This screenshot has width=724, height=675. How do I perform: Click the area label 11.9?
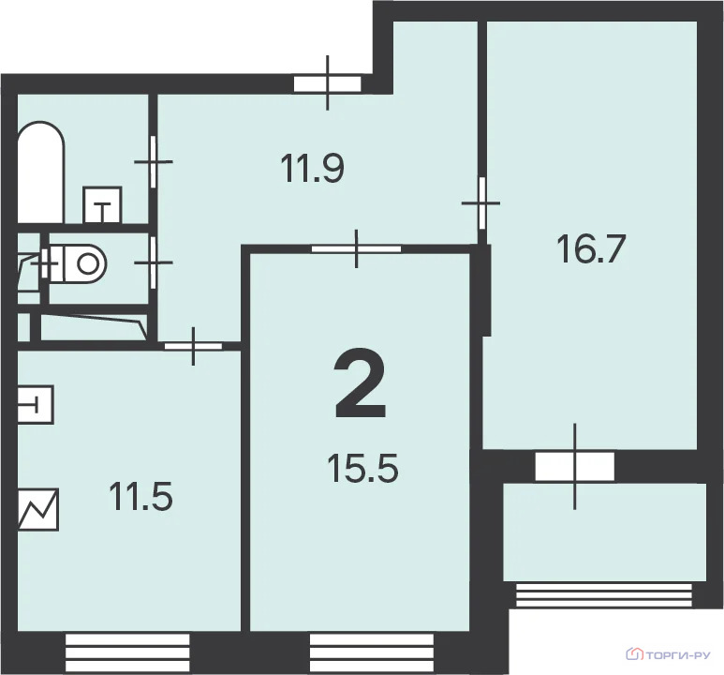point(313,169)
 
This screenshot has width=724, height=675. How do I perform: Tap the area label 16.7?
point(592,248)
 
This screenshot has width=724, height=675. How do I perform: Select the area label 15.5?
point(362,468)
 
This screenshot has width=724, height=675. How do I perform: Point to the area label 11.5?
point(140,496)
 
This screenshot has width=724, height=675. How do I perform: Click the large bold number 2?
point(361,384)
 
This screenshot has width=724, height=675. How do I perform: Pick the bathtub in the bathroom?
point(40,172)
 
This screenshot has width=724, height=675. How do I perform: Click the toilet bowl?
point(78,264)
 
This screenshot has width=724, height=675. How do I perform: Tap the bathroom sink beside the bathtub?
point(102,204)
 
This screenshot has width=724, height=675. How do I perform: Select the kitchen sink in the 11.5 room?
point(36,405)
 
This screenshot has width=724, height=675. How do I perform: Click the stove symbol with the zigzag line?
point(37,509)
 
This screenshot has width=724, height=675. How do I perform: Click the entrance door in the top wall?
point(328,83)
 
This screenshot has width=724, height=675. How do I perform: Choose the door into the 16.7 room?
point(482,202)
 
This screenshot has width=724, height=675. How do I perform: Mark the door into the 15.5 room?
point(356,248)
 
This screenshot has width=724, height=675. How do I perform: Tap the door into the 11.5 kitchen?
point(194,346)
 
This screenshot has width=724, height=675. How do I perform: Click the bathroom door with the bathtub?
point(153,161)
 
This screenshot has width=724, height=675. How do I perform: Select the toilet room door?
point(153,262)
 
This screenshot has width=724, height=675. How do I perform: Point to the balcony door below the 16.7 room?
point(575,467)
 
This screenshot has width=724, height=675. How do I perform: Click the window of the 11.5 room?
point(127,652)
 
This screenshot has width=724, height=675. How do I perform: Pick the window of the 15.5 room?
point(372,652)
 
